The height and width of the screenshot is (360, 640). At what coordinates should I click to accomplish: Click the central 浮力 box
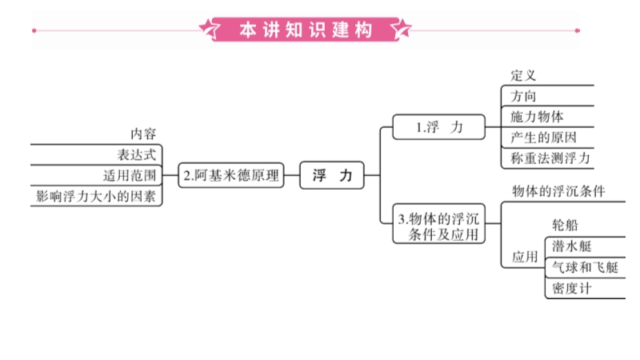click(331, 176)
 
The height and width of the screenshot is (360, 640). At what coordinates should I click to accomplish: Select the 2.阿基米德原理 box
click(230, 176)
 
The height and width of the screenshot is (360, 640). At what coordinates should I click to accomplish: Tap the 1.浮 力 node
click(439, 127)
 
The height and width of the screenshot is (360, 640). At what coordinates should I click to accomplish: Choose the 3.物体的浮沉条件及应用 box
click(440, 226)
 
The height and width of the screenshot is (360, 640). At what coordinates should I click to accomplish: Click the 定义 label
click(523, 76)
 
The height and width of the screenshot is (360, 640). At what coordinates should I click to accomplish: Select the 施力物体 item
click(537, 117)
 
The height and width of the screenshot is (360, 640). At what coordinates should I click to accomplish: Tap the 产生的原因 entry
click(542, 138)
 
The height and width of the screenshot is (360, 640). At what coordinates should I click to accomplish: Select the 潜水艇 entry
click(571, 246)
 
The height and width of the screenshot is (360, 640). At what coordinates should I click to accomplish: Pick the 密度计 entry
click(571, 288)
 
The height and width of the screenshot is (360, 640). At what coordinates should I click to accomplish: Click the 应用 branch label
click(525, 258)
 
